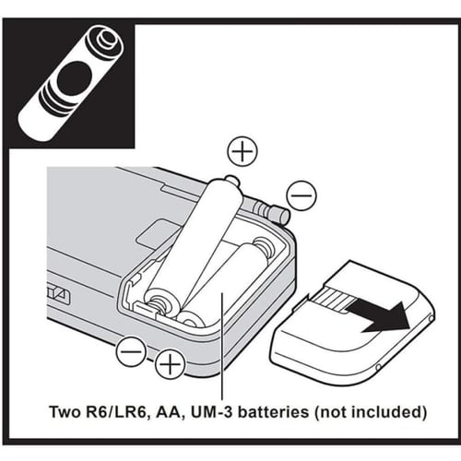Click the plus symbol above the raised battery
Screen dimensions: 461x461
point(242,151)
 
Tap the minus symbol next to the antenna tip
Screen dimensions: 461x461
point(301,195)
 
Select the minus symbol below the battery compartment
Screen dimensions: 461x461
point(131,351)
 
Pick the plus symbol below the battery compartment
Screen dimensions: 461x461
point(170,365)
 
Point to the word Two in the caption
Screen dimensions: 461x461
point(63,412)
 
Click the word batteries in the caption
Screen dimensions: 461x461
point(274,412)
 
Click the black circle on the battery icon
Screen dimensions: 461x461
point(74,78)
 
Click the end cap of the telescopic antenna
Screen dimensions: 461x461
point(279,214)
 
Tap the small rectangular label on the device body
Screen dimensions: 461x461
point(157,233)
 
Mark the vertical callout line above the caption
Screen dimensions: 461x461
point(221,346)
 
